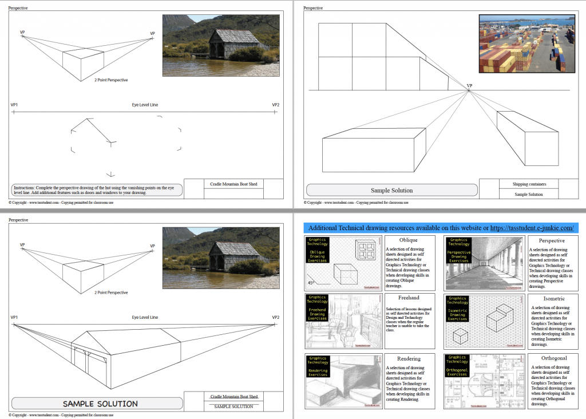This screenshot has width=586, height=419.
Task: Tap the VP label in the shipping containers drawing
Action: (x=469, y=86)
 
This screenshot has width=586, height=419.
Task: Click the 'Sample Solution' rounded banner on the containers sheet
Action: (x=392, y=190)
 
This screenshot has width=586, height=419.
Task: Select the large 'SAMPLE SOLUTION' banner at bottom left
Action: (x=100, y=404)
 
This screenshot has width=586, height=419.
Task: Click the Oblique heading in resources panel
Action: (x=409, y=240)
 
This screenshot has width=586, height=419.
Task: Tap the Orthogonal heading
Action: (x=553, y=358)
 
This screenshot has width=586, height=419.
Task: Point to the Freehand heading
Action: (x=409, y=298)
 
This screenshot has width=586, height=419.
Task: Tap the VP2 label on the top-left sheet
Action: (x=275, y=105)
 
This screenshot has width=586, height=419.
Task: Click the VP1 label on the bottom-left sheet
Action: (x=14, y=317)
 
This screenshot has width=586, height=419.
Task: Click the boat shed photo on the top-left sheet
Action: (x=221, y=46)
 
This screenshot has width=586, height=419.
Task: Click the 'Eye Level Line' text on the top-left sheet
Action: (x=145, y=105)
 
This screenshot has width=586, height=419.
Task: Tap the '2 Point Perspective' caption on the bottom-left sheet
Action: (x=111, y=292)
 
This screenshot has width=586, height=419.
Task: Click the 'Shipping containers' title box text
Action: (x=528, y=184)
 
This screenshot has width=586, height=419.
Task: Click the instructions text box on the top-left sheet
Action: (x=96, y=190)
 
